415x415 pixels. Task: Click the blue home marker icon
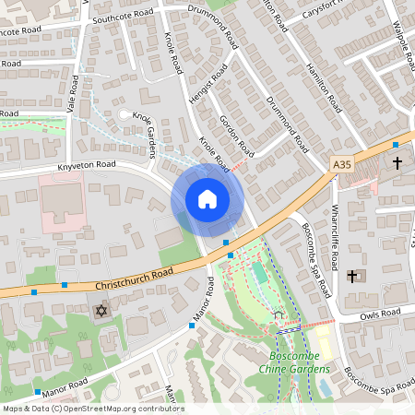tap(207, 199)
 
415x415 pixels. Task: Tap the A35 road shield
tap(342, 163)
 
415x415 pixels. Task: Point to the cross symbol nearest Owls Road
tap(351, 276)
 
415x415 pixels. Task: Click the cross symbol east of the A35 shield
tap(397, 163)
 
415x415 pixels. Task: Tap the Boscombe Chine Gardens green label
tap(300, 362)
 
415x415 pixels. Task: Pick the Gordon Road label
tap(238, 136)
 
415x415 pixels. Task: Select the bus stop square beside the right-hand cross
tap(395, 145)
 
